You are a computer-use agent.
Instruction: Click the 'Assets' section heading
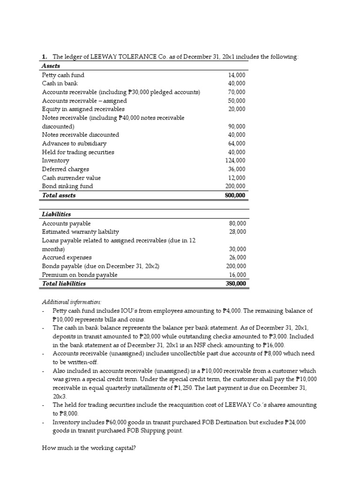(51, 66)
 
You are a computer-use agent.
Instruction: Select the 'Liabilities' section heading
(56, 214)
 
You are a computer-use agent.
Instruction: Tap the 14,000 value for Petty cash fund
(237, 75)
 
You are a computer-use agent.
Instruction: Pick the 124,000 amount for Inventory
(235, 161)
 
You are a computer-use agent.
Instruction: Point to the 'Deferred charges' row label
(66, 169)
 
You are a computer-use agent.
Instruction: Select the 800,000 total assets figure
(235, 195)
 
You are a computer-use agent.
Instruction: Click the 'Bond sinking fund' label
(67, 186)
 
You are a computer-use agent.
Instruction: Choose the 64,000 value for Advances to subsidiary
(237, 143)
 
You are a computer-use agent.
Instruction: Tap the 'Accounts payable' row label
(67, 224)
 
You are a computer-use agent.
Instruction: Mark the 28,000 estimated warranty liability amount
(237, 232)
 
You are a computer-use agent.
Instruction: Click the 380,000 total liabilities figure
(235, 284)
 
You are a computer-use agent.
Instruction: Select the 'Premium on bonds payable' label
(80, 275)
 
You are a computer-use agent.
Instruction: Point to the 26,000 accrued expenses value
(237, 258)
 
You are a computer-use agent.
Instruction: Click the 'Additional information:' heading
(72, 302)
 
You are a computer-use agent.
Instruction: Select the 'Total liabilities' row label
(64, 284)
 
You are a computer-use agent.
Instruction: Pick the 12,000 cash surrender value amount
(237, 178)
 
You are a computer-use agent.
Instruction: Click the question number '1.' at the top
(45, 57)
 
